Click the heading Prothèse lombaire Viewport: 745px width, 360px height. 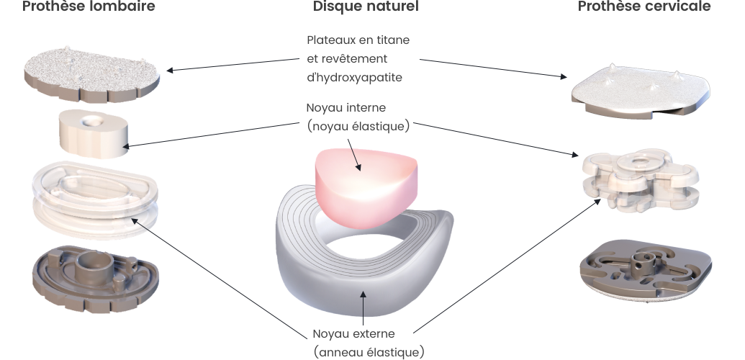[x=89, y=7]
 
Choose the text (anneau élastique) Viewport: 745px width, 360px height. [x=369, y=352]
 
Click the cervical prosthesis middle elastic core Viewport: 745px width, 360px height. [x=640, y=180]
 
